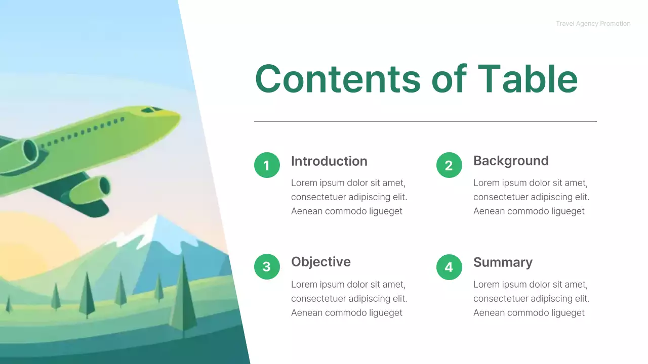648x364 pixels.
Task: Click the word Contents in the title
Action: click(x=337, y=79)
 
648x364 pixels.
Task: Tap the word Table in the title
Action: click(x=528, y=79)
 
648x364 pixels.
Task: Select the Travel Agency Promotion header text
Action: click(x=593, y=24)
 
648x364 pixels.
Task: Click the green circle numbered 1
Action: click(x=267, y=165)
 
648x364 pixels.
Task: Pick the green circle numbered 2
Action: click(x=449, y=165)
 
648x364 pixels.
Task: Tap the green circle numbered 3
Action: click(x=267, y=266)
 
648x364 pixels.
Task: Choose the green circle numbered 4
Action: click(x=449, y=266)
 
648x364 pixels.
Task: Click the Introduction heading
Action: click(x=329, y=161)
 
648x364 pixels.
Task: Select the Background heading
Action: click(x=511, y=161)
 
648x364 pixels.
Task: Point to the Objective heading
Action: click(x=320, y=262)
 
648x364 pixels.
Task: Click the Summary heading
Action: click(x=503, y=262)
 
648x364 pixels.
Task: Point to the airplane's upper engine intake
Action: click(x=29, y=151)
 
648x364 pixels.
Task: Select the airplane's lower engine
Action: click(x=91, y=190)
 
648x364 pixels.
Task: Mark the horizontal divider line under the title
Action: click(x=425, y=121)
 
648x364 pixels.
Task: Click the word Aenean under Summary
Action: click(x=489, y=312)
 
